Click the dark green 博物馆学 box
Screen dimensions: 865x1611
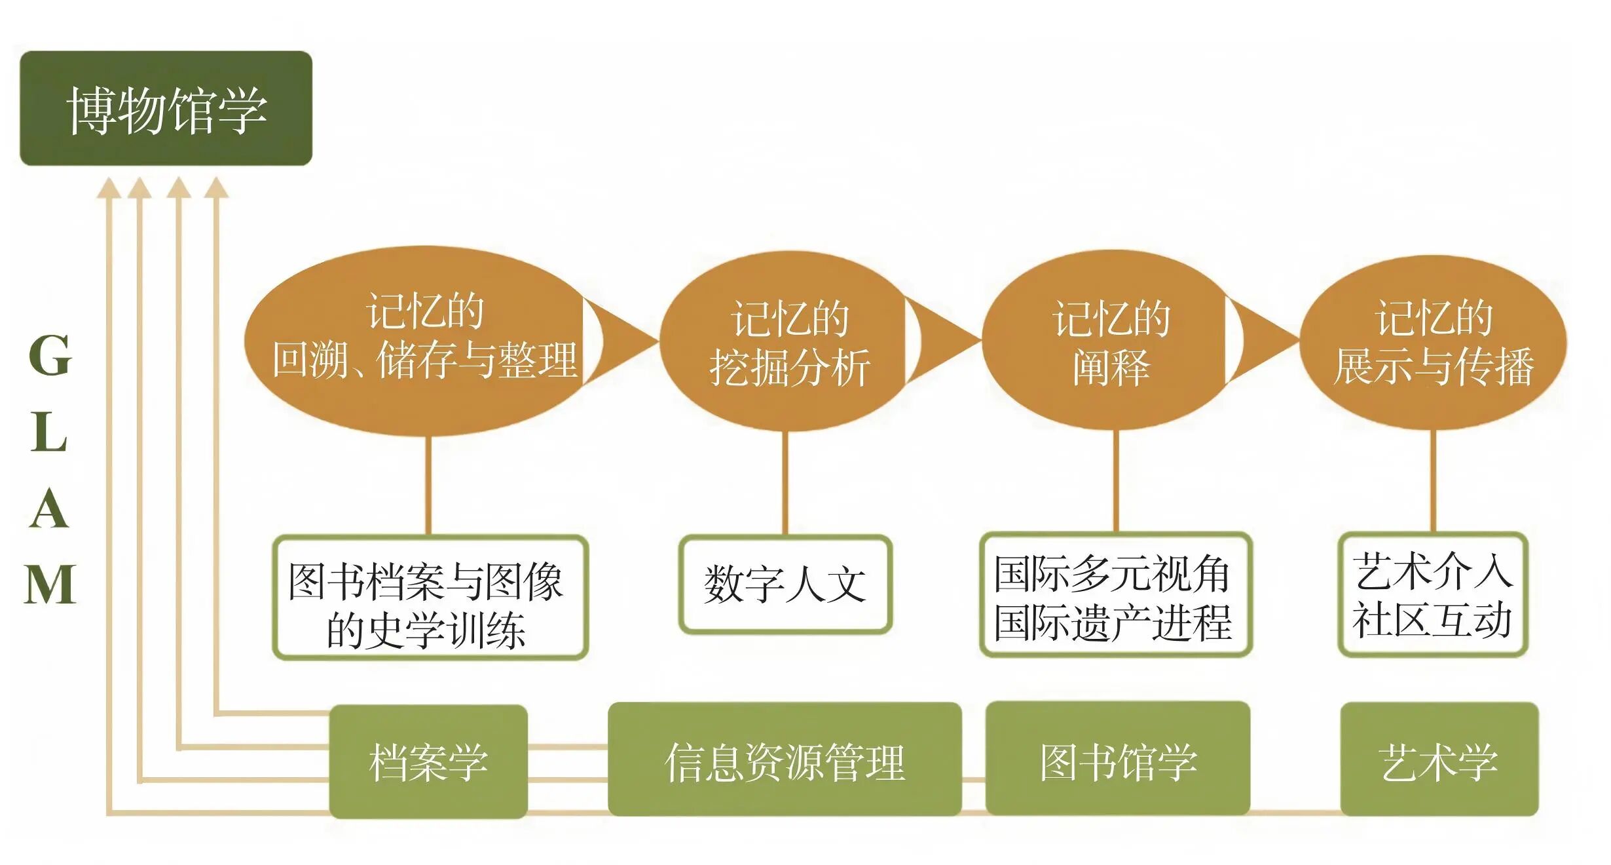click(166, 108)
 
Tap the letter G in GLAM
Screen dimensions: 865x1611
click(50, 355)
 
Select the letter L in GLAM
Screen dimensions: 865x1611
click(50, 432)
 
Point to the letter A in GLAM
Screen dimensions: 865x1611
click(50, 509)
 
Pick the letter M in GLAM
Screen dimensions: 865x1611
click(50, 585)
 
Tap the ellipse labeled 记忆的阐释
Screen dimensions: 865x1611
click(1107, 341)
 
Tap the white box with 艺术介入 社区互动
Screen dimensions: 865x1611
click(1433, 595)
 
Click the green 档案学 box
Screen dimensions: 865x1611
click(428, 761)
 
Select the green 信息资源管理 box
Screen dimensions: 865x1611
click(785, 760)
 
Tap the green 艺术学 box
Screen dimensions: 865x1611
click(1439, 760)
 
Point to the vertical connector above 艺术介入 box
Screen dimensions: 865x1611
click(1433, 482)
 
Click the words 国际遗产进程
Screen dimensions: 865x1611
click(1113, 623)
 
